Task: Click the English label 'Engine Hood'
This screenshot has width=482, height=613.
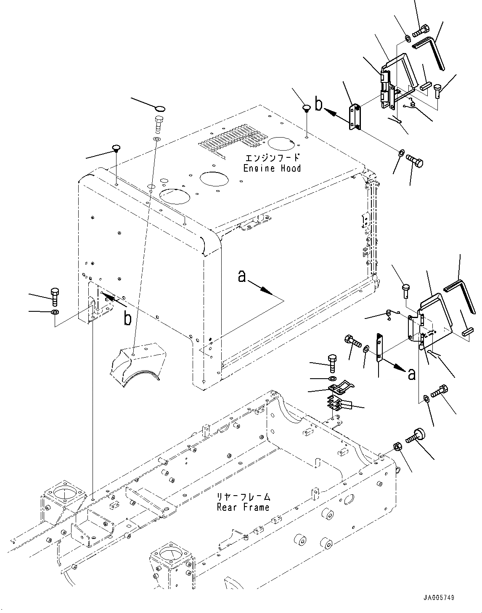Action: [272, 168]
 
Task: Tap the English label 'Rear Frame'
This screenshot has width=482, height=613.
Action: [243, 507]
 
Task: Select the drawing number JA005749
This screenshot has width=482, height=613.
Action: [439, 597]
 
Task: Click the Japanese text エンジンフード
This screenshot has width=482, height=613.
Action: [272, 158]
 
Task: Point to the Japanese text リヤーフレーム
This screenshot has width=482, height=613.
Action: [243, 497]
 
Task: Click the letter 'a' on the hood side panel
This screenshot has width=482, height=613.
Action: [241, 276]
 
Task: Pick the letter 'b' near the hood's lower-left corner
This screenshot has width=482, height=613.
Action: [127, 319]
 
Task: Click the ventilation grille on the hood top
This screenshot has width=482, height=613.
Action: [235, 139]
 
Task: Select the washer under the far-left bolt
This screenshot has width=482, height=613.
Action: [54, 312]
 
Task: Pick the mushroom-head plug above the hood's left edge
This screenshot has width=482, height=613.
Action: [116, 149]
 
